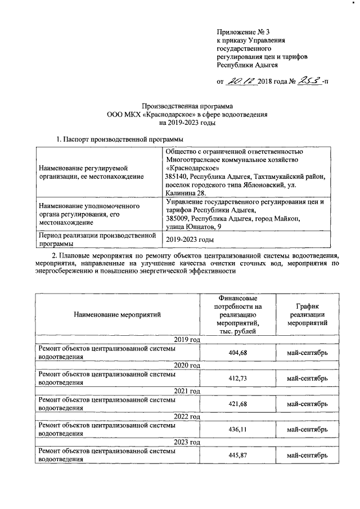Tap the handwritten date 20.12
click(x=241, y=82)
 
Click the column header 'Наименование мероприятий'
click(x=117, y=314)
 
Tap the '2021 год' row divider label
click(x=187, y=391)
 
